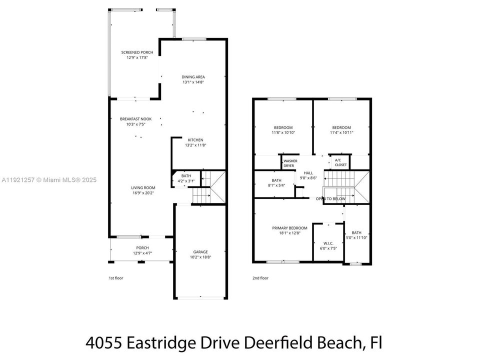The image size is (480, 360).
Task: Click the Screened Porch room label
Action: click(137, 52)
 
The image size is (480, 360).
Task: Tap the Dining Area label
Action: click(193, 77)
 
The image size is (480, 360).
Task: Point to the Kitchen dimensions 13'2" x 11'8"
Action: click(195, 145)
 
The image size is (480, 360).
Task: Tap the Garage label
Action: click(200, 252)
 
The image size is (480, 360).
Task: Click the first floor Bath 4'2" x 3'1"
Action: click(186, 178)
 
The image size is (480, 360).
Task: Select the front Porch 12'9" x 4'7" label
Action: click(142, 250)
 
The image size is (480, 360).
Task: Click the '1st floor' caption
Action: click(115, 278)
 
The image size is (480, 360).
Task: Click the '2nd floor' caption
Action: click(260, 278)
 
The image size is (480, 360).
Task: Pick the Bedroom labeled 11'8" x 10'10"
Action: click(283, 130)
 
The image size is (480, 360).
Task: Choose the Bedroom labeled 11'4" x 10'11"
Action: click(341, 130)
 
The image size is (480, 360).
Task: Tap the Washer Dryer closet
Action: click(290, 163)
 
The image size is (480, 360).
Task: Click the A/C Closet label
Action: click(340, 162)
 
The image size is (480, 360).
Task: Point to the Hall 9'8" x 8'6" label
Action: click(308, 175)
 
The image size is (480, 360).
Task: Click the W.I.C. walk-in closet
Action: click(328, 245)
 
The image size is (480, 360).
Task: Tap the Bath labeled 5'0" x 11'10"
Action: click(356, 235)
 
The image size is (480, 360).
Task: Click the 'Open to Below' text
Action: click(330, 198)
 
